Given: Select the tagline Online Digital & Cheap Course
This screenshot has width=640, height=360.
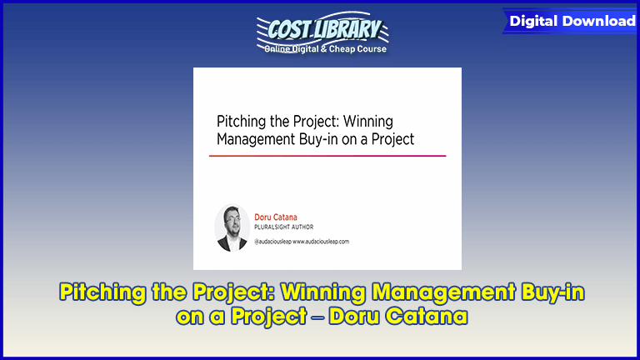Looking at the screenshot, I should coord(325,48).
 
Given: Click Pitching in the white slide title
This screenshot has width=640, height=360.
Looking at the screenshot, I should coord(242,121).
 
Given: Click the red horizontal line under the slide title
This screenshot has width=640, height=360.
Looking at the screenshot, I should coord(327,156).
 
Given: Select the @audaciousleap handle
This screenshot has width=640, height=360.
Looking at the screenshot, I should coord(273,241).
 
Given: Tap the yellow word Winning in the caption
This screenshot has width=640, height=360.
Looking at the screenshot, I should coord(323,292).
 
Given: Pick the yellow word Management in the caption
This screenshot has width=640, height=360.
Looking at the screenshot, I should coord(442,292).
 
